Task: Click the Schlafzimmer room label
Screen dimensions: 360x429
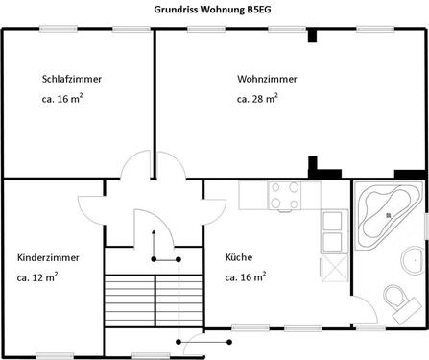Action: pyautogui.click(x=72, y=79)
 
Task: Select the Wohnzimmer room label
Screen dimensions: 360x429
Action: pyautogui.click(x=267, y=79)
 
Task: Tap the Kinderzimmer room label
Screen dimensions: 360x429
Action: pyautogui.click(x=48, y=258)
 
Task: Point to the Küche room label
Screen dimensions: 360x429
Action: pyautogui.click(x=239, y=258)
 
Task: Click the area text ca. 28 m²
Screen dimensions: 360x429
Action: pyautogui.click(x=257, y=98)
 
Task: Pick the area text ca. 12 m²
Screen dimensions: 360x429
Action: pyautogui.click(x=37, y=277)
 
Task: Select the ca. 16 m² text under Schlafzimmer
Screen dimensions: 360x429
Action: pyautogui.click(x=62, y=98)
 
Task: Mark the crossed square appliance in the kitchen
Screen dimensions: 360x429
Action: pyautogui.click(x=333, y=267)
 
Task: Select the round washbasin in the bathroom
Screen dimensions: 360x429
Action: pyautogui.click(x=414, y=258)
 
